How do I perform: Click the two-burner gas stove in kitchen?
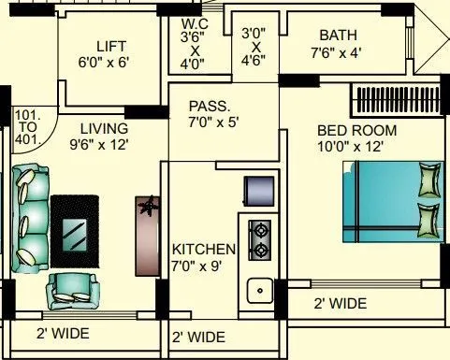click(258, 238)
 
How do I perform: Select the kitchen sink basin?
click(259, 290)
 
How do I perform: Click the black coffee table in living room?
click(75, 229)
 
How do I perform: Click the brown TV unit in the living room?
click(147, 234)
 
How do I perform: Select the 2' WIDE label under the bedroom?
click(340, 304)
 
